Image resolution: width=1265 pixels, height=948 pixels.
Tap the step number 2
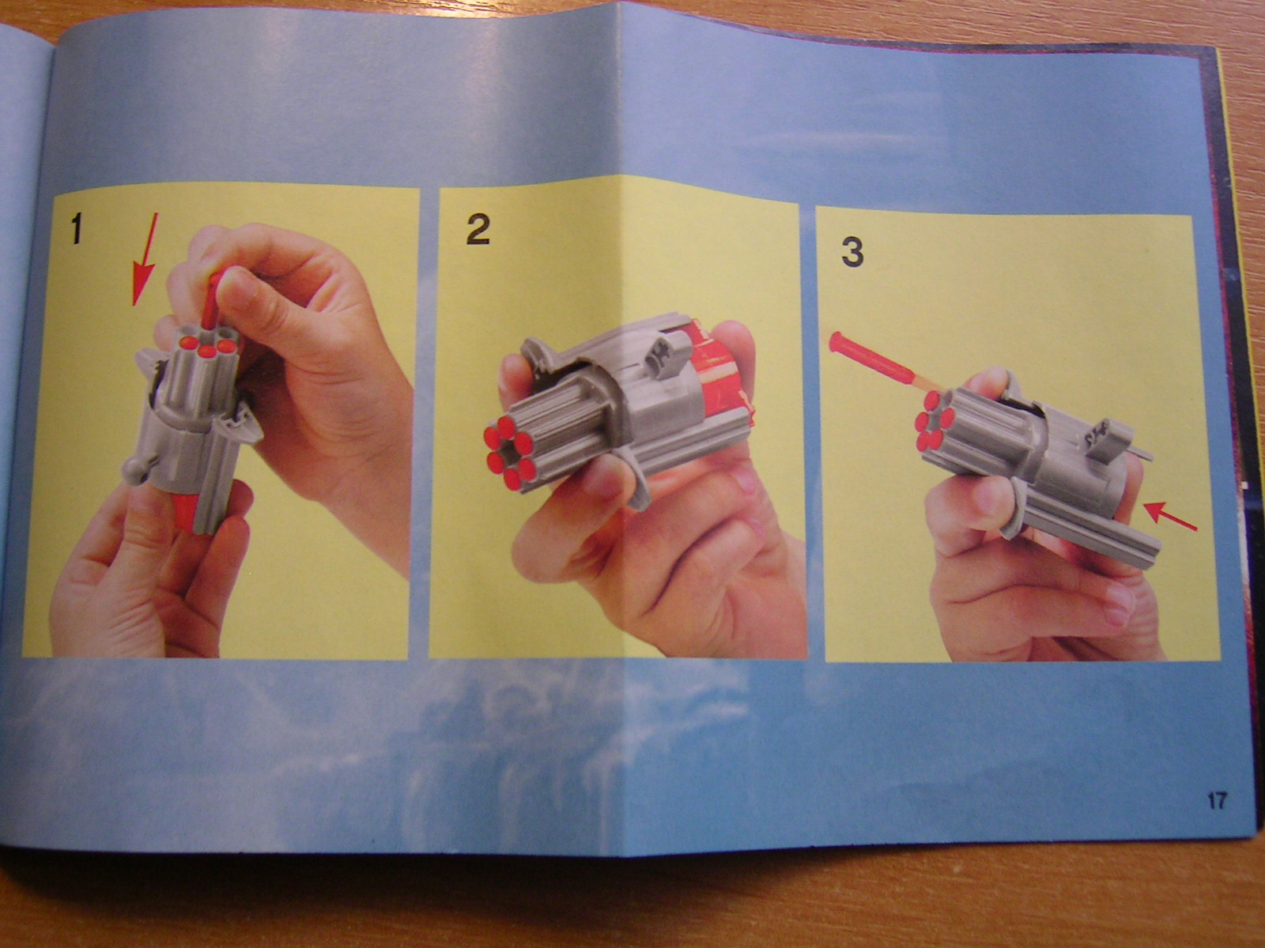pos(478,230)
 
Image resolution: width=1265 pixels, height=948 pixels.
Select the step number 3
pos(853,252)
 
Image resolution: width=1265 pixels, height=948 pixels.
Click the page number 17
pos(1217,801)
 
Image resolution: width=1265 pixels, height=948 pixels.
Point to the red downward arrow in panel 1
pos(144,259)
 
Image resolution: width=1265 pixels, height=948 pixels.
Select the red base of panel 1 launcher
pos(186,514)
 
